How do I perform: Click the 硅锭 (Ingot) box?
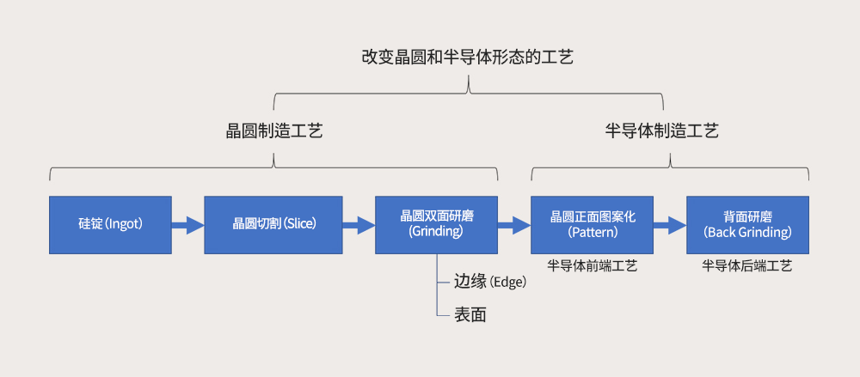[110, 225]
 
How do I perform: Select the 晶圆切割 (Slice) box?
[273, 225]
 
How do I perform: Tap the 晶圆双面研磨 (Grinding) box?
[436, 225]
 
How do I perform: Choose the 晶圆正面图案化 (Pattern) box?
[592, 225]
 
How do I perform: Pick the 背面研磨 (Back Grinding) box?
[747, 225]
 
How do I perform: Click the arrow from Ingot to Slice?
[187, 225]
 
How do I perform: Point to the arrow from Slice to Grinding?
[359, 225]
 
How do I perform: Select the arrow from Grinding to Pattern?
[513, 225]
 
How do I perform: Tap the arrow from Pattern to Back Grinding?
[669, 225]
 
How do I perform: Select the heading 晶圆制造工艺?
[273, 131]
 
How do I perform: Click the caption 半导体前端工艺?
[592, 266]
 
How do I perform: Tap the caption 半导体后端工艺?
[747, 266]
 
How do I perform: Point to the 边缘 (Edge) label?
[489, 282]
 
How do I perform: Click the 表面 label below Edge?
[470, 315]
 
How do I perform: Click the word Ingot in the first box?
[123, 225]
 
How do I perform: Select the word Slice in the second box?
[300, 225]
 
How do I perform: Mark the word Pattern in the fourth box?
[592, 233]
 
